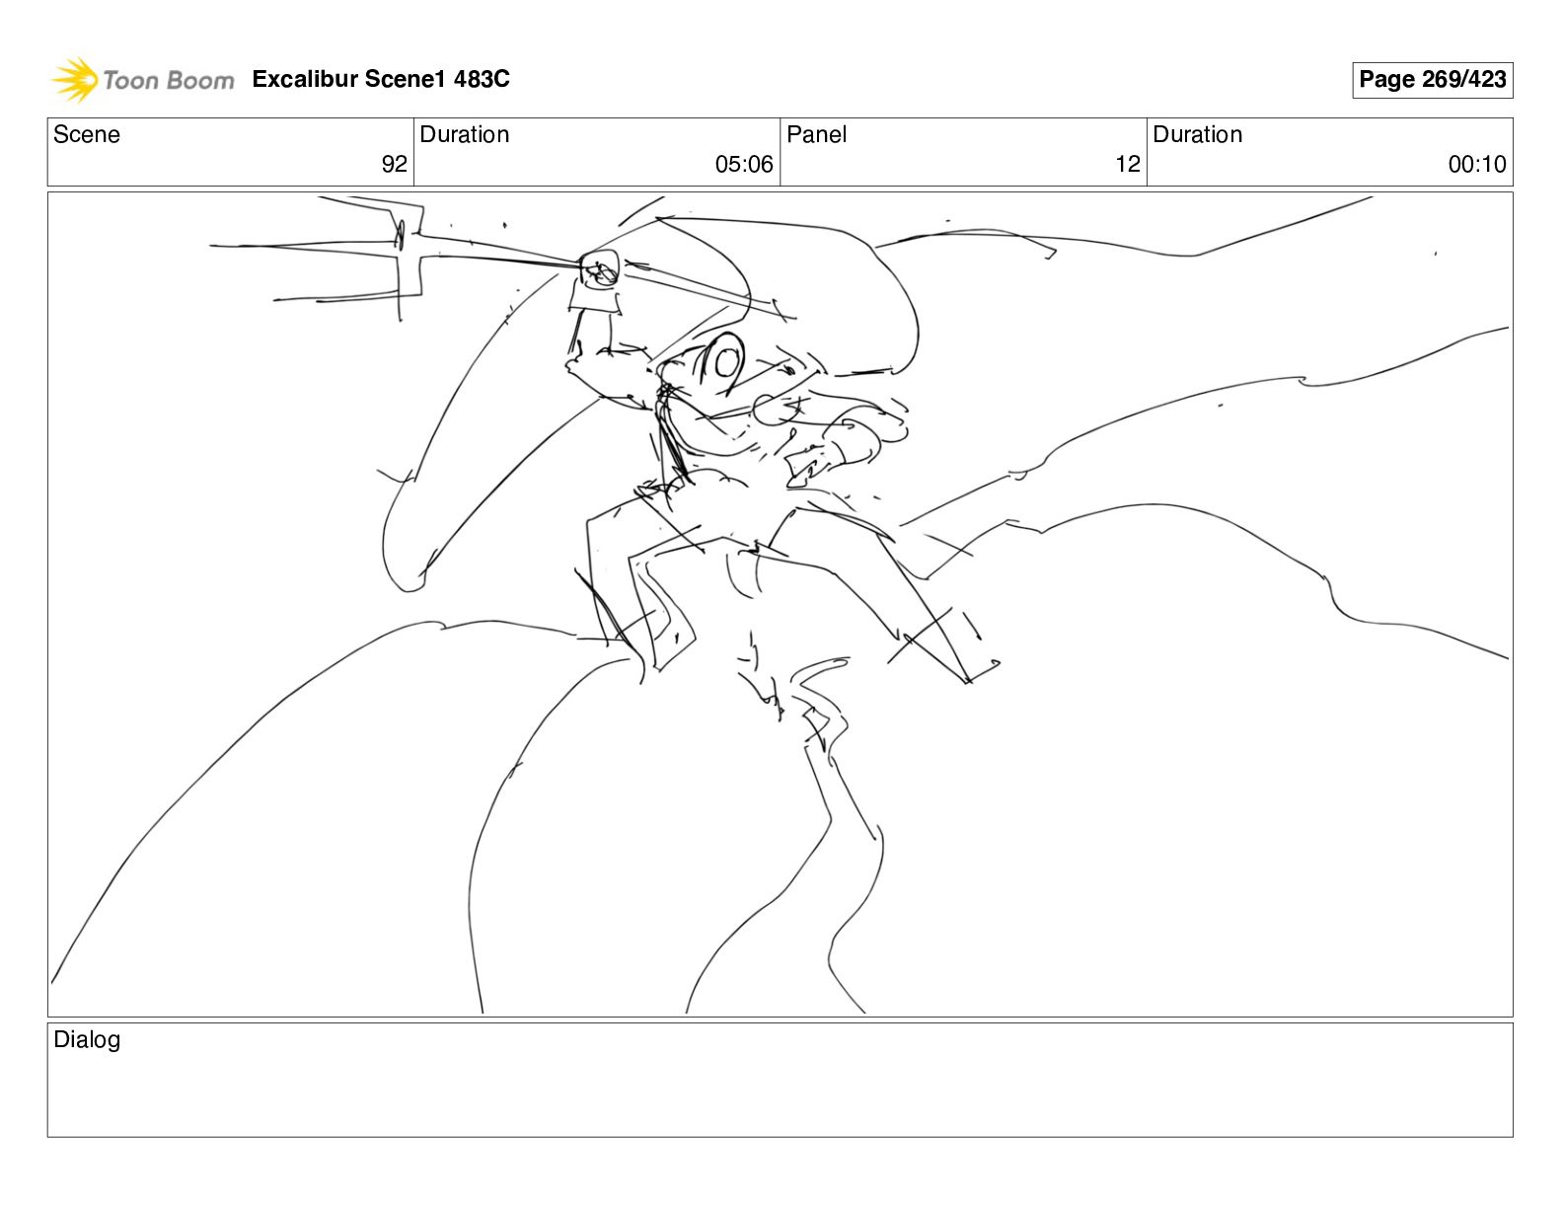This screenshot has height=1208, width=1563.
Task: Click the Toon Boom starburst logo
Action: click(x=75, y=80)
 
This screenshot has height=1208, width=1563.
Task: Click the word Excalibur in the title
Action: click(x=306, y=79)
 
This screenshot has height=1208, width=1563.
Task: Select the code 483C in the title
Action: click(x=482, y=79)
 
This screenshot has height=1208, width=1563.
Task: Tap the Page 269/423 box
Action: click(x=1432, y=80)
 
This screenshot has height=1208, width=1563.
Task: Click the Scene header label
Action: click(x=86, y=134)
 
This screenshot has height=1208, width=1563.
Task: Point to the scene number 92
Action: click(x=394, y=164)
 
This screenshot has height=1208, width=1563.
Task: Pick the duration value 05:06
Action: click(x=744, y=164)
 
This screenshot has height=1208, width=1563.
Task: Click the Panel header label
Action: click(x=816, y=134)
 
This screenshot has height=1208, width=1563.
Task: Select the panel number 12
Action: click(x=1128, y=164)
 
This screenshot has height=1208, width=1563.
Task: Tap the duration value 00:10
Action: click(x=1477, y=164)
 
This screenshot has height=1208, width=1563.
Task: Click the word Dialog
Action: click(x=87, y=1039)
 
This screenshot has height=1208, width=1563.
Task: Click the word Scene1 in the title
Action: click(x=405, y=79)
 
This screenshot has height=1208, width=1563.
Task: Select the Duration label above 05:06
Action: click(x=464, y=134)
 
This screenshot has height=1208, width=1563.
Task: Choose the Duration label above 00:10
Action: click(x=1197, y=134)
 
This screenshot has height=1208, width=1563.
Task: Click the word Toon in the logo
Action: click(x=131, y=81)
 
